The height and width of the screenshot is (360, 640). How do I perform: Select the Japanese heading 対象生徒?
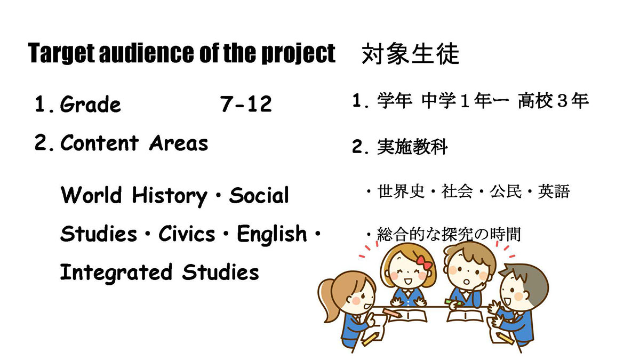click(410, 53)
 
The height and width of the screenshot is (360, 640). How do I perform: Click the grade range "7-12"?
click(246, 103)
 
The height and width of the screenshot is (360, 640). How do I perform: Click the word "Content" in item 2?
click(100, 142)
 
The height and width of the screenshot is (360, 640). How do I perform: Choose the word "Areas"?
click(179, 143)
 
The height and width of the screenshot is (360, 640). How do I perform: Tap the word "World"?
click(91, 195)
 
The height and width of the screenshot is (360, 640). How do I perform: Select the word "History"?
click(170, 196)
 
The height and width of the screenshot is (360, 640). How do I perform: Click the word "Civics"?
click(187, 233)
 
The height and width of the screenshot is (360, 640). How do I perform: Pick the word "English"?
click(271, 235)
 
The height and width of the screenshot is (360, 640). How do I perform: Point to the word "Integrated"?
click(116, 273)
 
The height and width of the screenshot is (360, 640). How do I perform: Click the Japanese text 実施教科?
click(412, 147)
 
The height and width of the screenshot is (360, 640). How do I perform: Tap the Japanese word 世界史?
click(401, 191)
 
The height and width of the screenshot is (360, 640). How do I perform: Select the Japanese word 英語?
click(554, 191)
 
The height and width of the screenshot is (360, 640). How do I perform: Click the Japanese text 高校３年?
click(554, 101)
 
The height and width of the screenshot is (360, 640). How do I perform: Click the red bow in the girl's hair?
click(424, 262)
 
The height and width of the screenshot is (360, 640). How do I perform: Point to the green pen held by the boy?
click(453, 302)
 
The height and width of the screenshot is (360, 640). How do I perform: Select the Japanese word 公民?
click(506, 191)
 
